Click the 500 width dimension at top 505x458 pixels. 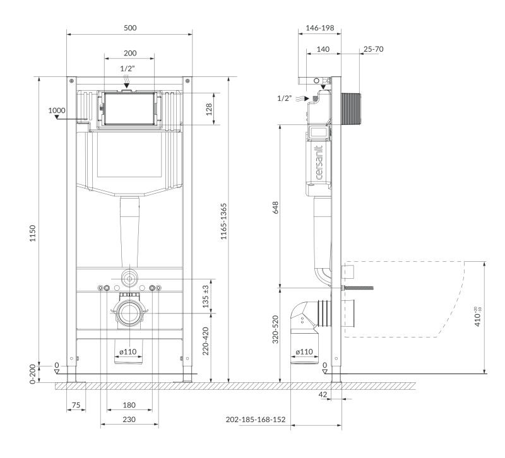point(130,28)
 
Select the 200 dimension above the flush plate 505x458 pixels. point(130,53)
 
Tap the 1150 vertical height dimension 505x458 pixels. point(33,233)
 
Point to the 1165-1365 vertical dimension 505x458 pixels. point(224,221)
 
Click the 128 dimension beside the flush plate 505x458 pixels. point(209,109)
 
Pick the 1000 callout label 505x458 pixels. point(57,110)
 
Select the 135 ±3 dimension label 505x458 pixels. point(206,297)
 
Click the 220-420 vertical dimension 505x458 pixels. point(206,341)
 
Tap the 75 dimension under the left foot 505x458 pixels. point(76,405)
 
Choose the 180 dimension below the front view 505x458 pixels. point(129,405)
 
